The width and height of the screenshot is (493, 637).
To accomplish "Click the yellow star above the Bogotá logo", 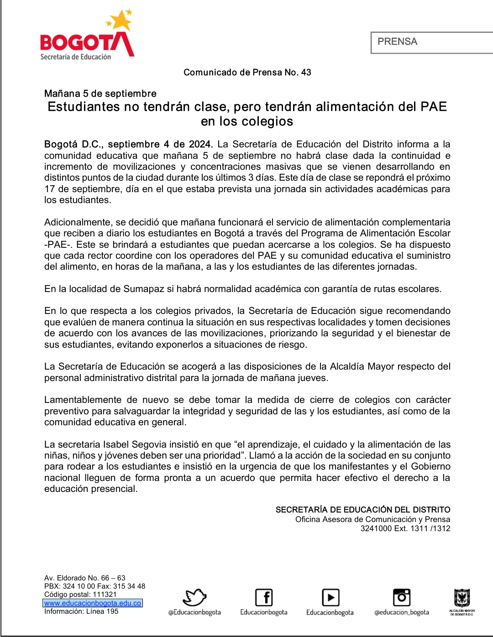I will click(121, 21).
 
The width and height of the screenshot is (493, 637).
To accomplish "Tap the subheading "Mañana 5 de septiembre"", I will click(100, 94).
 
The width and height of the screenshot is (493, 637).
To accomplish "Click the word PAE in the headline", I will click(434, 107).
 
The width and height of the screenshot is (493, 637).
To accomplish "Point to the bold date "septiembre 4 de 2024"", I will click(160, 144).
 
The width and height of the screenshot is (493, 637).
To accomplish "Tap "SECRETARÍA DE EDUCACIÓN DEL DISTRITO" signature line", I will click(362, 510).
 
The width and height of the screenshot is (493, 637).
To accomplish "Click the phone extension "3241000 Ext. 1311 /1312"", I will click(405, 528).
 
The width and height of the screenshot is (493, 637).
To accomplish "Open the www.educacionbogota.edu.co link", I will click(93, 603).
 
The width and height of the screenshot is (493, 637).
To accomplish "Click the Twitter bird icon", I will click(194, 597).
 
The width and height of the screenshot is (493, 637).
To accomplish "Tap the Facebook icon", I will click(264, 597).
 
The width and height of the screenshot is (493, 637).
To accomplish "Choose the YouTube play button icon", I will click(330, 597).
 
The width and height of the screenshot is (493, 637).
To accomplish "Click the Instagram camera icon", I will click(402, 597).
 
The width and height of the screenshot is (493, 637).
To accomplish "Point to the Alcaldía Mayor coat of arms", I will click(462, 598).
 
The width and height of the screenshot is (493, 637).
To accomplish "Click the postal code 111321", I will click(105, 595).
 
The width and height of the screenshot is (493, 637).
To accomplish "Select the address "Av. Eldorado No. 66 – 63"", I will click(85, 578).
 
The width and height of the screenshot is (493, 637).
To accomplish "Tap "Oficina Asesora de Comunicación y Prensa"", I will click(372, 519).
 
